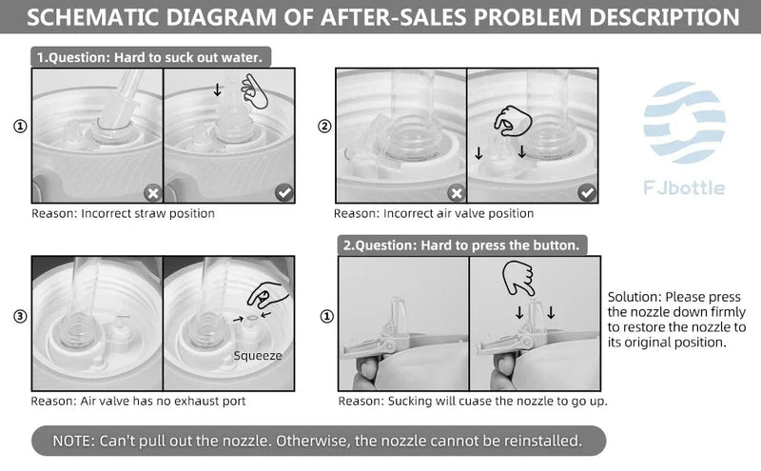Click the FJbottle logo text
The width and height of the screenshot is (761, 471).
tap(684, 186)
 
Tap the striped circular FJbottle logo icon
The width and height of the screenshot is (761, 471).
tap(684, 123)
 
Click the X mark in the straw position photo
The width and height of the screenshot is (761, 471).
tap(153, 193)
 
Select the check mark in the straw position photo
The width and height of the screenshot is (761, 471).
tap(284, 193)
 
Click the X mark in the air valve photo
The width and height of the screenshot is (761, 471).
tap(457, 193)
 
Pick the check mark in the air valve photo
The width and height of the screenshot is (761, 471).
tap(587, 193)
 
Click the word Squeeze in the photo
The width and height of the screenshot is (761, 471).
tap(258, 356)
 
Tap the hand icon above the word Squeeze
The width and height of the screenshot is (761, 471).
tap(267, 295)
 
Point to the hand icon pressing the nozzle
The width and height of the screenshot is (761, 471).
tap(517, 278)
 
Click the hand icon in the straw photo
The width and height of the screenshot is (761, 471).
tap(254, 91)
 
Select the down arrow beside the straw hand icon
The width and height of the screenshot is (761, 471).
tap(218, 89)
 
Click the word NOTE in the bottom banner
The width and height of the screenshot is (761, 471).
tap(73, 441)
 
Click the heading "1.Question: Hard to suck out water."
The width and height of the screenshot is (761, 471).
tap(150, 57)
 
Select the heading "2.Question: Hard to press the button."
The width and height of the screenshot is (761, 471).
tap(461, 245)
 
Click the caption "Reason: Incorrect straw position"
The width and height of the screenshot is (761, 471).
tap(124, 214)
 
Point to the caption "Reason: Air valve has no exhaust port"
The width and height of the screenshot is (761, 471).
tap(138, 402)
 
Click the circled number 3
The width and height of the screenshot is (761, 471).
tap(20, 317)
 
